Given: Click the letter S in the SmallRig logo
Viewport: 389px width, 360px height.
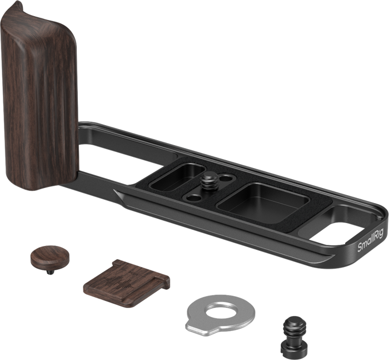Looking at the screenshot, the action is [360, 247].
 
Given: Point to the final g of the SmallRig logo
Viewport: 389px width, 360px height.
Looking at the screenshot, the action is [381, 234].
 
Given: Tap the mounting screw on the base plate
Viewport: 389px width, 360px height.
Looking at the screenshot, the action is [211, 181].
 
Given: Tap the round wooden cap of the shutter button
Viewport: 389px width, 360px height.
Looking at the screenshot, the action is [50, 255].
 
